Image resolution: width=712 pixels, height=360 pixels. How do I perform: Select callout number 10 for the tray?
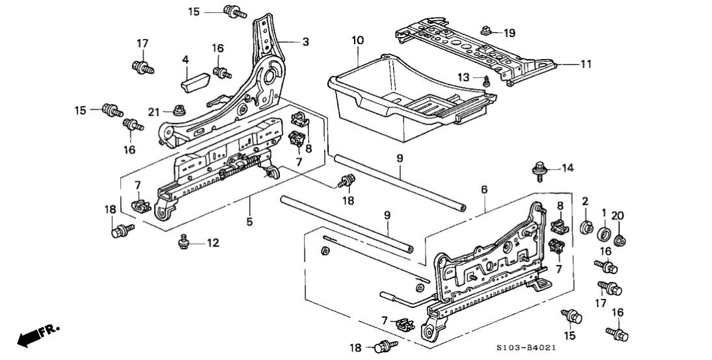pos(357,41)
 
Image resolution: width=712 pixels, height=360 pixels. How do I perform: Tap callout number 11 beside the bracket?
pos(586,64)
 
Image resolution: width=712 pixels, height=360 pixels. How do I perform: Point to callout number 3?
pos(306,42)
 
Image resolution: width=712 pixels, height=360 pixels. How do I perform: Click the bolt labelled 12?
pos(184,243)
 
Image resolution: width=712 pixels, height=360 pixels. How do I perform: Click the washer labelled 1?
pos(604,233)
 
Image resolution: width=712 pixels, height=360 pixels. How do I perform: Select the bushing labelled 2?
pos(585,228)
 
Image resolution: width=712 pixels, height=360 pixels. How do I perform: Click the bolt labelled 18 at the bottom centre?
pos(385,346)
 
